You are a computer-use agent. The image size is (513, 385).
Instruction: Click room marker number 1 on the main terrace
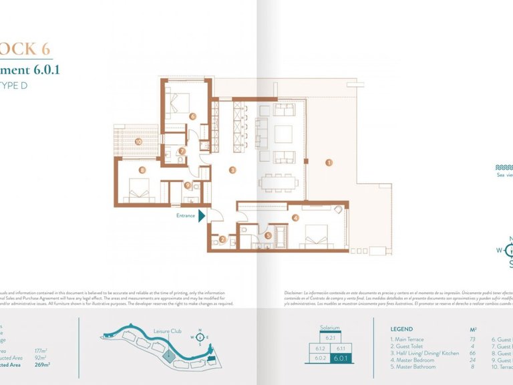[x=328, y=162]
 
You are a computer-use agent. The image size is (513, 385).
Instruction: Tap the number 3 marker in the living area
[x=232, y=170]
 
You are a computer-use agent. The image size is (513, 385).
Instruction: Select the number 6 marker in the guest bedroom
[x=192, y=116]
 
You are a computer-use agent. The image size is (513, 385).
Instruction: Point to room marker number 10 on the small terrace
[x=138, y=141]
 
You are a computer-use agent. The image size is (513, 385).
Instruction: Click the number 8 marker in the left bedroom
[x=142, y=170]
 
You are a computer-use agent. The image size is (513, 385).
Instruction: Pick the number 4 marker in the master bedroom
[x=295, y=217]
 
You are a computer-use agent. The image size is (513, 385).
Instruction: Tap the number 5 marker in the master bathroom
[x=268, y=235]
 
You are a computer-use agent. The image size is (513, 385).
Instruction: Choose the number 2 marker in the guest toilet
[x=222, y=239]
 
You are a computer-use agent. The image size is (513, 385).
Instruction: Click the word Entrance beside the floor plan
[x=186, y=215]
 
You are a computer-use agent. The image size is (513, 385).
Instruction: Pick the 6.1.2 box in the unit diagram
[x=320, y=348]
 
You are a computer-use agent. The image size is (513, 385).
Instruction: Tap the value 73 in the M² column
[x=473, y=340]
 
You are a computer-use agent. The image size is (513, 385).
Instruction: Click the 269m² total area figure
[x=42, y=364]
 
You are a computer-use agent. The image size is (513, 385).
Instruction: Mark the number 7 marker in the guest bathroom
[x=182, y=151]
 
